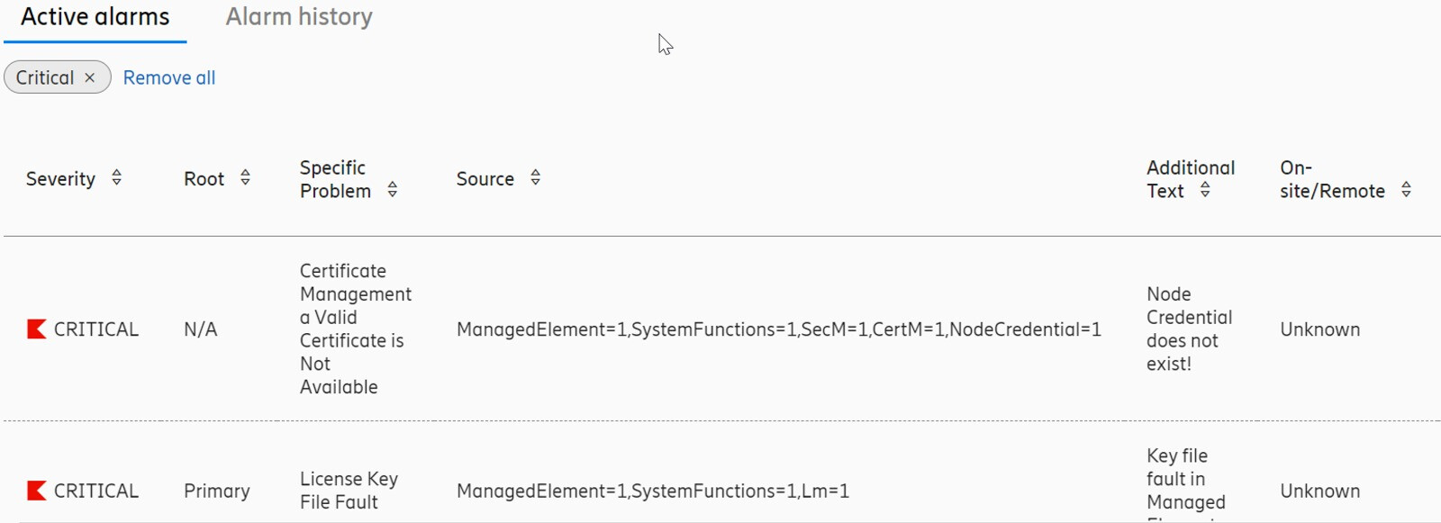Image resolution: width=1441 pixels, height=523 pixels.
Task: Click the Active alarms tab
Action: [95, 17]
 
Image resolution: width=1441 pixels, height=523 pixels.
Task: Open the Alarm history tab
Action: [298, 17]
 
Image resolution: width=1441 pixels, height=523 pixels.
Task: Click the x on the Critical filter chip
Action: [90, 77]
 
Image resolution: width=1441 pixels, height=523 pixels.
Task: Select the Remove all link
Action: [169, 77]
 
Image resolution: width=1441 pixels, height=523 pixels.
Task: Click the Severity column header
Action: [60, 179]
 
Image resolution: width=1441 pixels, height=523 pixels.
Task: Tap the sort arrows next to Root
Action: [245, 177]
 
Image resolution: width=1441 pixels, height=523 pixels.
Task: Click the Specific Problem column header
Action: [335, 179]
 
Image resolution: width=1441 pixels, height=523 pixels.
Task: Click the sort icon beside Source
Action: [535, 177]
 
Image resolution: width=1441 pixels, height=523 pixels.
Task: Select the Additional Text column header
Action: [1190, 179]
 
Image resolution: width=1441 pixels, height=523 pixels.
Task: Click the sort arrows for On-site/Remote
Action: [1406, 190]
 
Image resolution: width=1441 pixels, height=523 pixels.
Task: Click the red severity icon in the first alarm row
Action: [37, 329]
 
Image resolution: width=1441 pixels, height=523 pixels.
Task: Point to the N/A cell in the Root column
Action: [201, 329]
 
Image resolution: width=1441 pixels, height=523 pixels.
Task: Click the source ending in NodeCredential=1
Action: [778, 329]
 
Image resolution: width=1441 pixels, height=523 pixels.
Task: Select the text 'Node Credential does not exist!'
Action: [1189, 329]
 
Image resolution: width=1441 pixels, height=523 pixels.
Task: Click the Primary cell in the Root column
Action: [217, 491]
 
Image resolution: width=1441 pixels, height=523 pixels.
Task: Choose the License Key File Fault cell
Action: [349, 491]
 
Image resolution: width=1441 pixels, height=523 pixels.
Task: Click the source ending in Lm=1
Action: [652, 491]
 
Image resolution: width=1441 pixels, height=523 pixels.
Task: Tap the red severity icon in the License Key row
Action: [37, 491]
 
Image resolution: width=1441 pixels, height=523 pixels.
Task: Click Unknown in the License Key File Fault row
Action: [1319, 491]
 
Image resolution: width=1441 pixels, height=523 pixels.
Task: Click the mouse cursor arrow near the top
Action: [666, 44]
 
